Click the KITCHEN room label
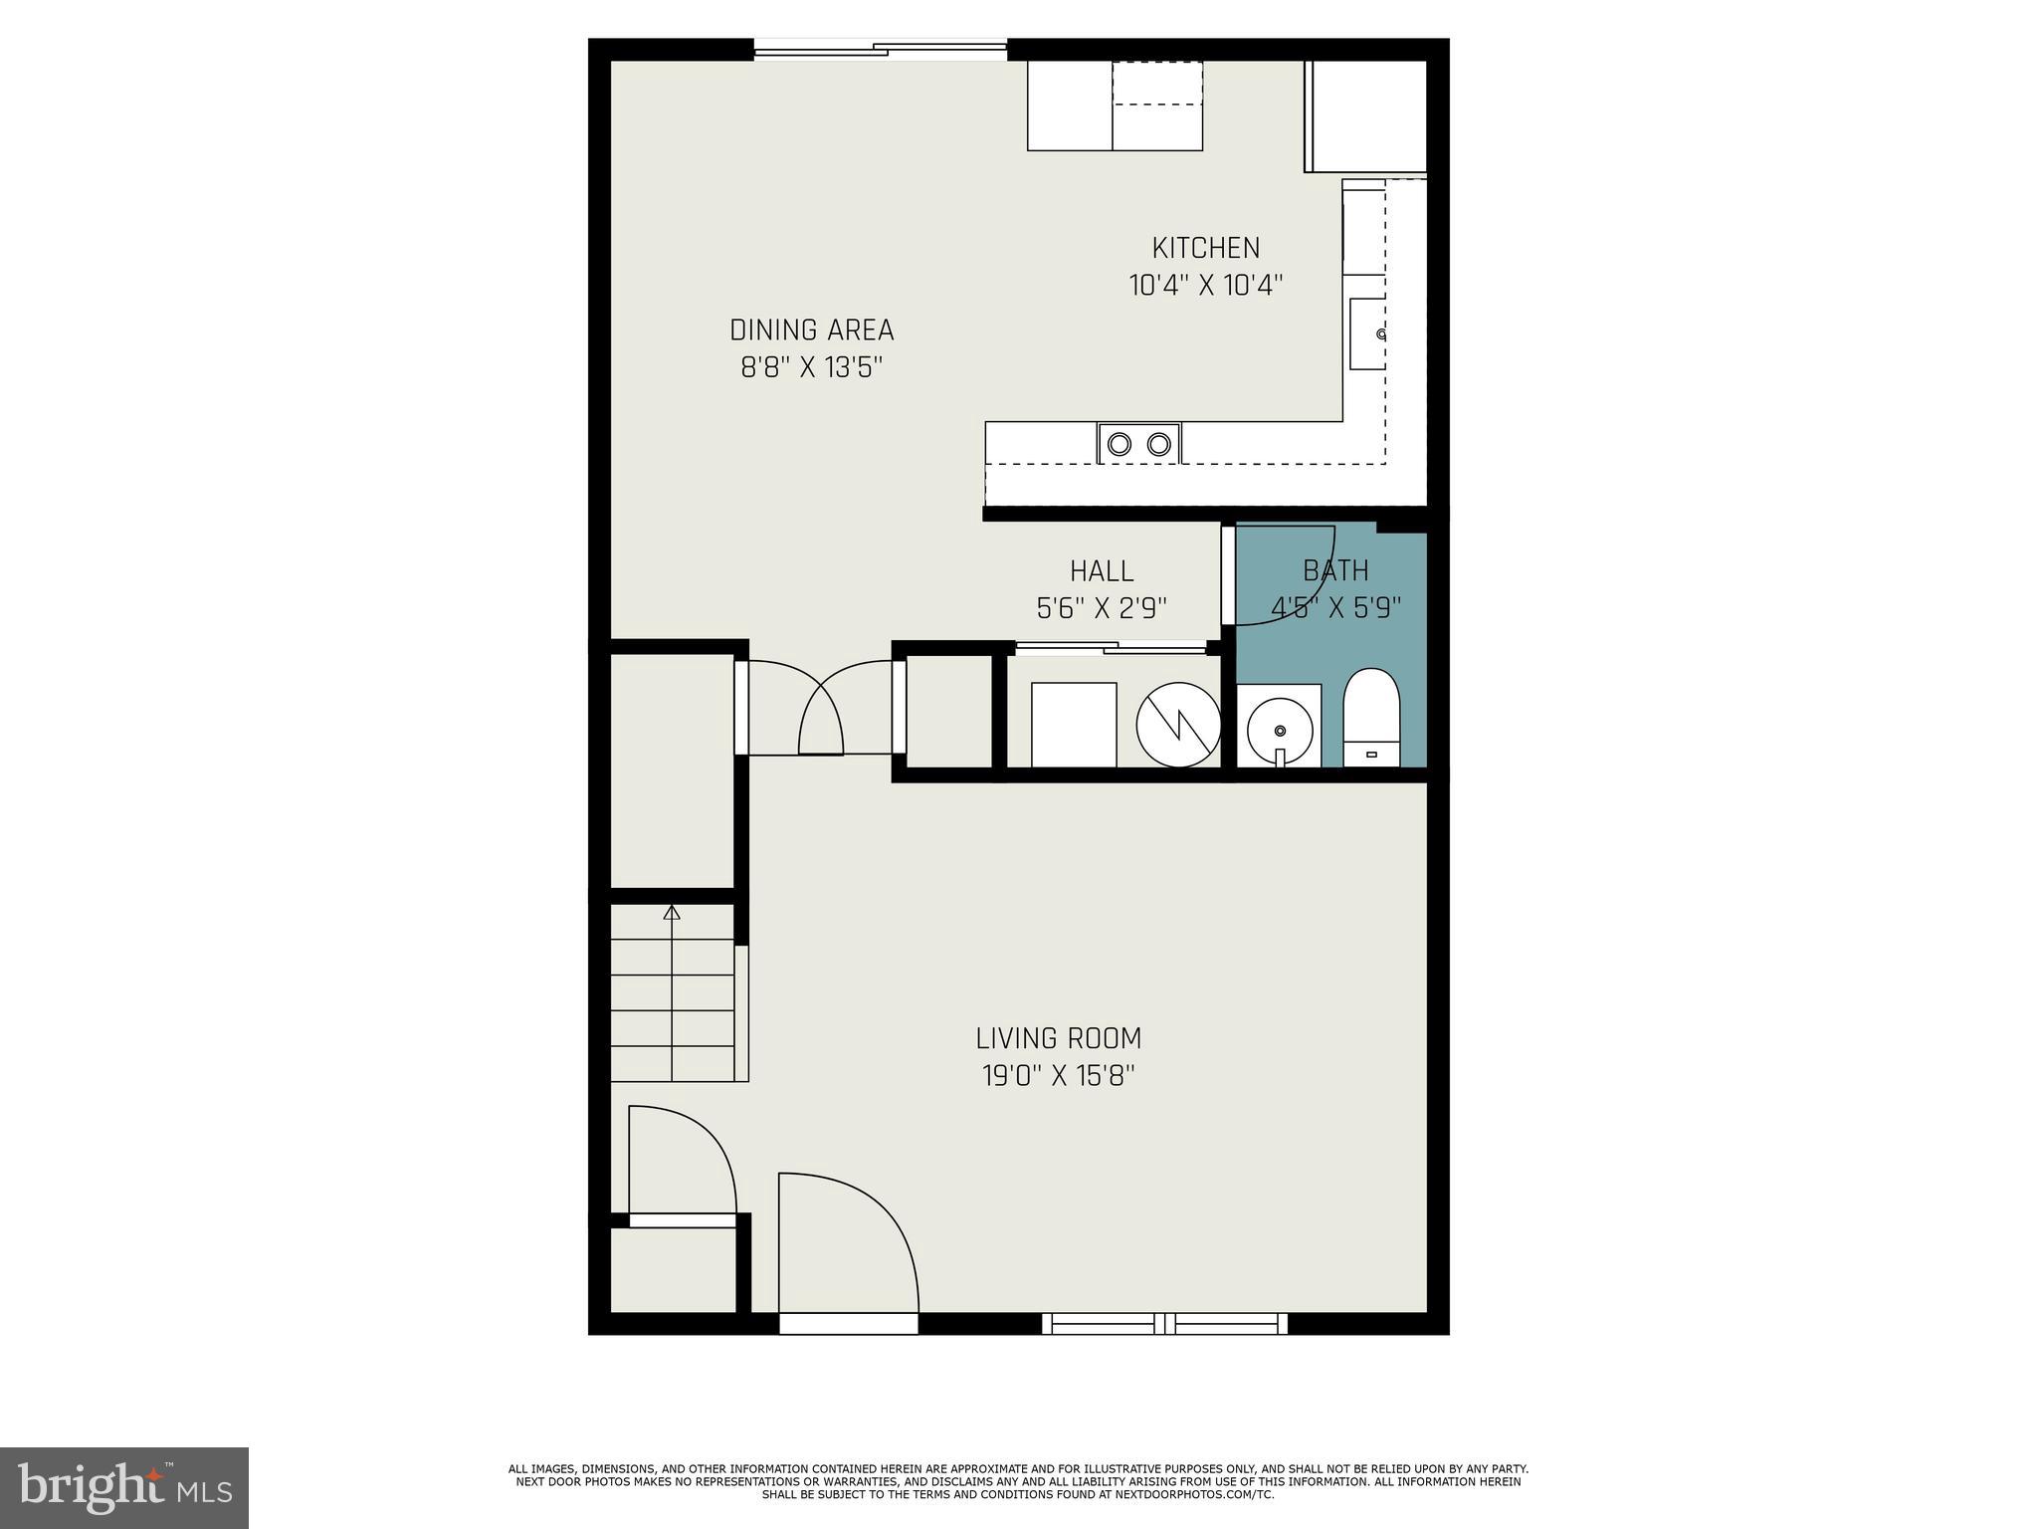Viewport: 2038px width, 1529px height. click(x=1205, y=248)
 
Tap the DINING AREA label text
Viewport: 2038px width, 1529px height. click(x=811, y=330)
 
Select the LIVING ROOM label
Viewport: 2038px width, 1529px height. click(x=1058, y=1038)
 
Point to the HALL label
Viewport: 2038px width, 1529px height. click(x=1102, y=571)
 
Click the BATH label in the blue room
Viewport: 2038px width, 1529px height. click(x=1335, y=570)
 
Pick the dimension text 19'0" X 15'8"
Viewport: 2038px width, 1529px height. click(x=1058, y=1076)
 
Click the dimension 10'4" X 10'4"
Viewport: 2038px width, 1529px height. click(x=1205, y=286)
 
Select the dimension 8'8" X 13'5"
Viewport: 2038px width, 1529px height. click(x=811, y=368)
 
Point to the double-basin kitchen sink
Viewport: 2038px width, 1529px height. click(x=1138, y=444)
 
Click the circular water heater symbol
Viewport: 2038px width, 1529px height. click(x=1178, y=725)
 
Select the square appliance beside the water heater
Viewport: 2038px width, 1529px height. click(x=1074, y=725)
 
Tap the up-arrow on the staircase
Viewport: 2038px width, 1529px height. click(x=672, y=912)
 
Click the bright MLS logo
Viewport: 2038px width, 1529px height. click(x=124, y=1488)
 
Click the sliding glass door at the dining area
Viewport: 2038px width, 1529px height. click(x=880, y=49)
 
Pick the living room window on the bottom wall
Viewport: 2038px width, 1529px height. click(x=1164, y=1323)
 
